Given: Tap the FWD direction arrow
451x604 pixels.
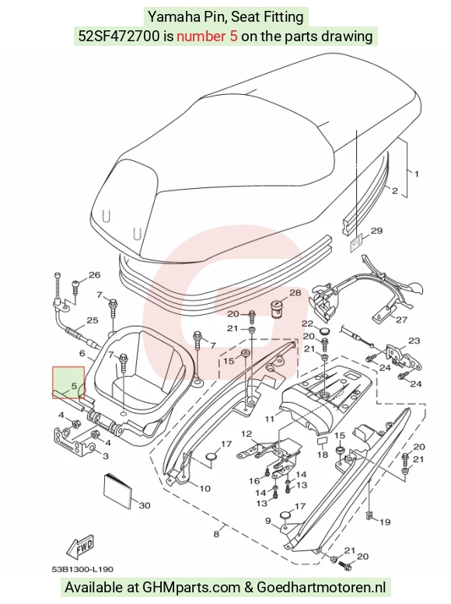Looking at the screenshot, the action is click(x=80, y=547).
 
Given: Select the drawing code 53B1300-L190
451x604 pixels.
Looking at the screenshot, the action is click(x=83, y=569).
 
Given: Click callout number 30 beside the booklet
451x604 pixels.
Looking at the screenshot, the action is click(x=144, y=505).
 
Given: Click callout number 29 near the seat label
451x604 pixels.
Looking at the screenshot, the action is click(x=376, y=231).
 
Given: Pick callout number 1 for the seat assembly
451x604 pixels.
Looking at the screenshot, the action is click(x=416, y=174).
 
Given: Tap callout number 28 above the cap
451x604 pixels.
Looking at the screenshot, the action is click(x=295, y=293).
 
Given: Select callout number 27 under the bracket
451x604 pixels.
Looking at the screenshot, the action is click(x=401, y=319).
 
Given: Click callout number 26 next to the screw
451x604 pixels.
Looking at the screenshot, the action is click(x=94, y=275).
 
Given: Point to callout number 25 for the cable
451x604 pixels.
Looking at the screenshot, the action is click(x=93, y=320).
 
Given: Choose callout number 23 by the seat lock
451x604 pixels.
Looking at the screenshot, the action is click(x=414, y=341).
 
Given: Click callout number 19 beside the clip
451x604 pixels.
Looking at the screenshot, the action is click(x=385, y=522).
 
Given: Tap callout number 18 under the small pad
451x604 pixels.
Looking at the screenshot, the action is click(x=322, y=455).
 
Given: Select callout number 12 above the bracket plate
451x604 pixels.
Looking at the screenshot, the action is click(x=246, y=434).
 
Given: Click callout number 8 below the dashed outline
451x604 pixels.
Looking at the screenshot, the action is click(x=216, y=534).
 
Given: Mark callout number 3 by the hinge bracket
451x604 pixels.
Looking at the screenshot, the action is click(x=105, y=456).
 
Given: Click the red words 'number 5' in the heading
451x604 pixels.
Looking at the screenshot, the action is click(x=207, y=37).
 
